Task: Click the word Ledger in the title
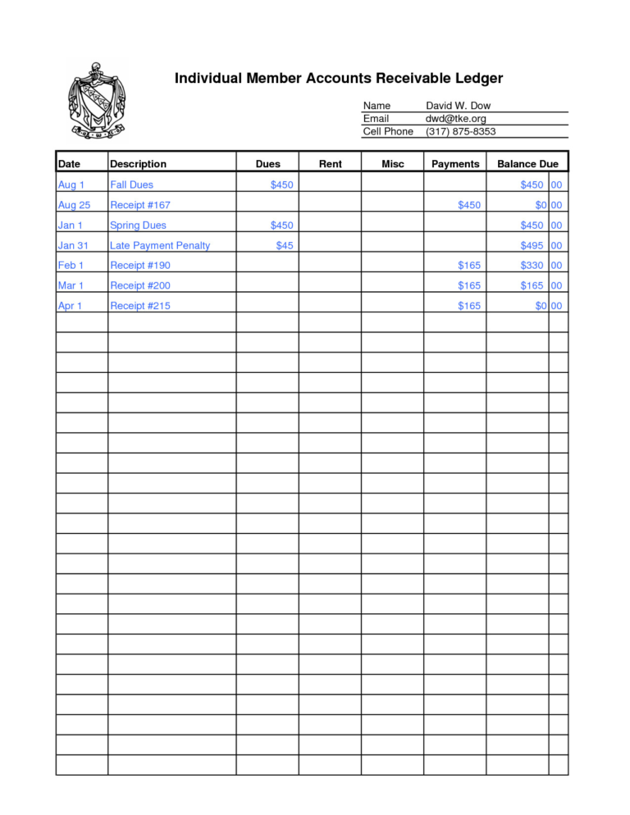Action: click(473, 79)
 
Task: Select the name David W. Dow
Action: click(458, 106)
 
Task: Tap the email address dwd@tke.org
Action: click(456, 119)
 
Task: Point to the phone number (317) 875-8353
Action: click(460, 131)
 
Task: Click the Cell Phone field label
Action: click(388, 131)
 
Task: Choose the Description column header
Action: click(138, 164)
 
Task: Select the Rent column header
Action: click(330, 164)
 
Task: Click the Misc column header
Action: click(393, 164)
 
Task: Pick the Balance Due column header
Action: click(527, 164)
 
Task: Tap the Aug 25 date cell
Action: click(74, 205)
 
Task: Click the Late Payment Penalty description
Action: click(160, 245)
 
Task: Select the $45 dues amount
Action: click(284, 245)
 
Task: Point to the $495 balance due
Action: click(532, 245)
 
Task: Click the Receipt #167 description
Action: click(140, 205)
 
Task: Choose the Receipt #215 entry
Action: click(140, 306)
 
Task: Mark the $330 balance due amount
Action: click(532, 266)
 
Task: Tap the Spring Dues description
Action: click(138, 225)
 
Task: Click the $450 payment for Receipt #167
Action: click(469, 205)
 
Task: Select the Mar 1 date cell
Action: click(71, 285)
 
